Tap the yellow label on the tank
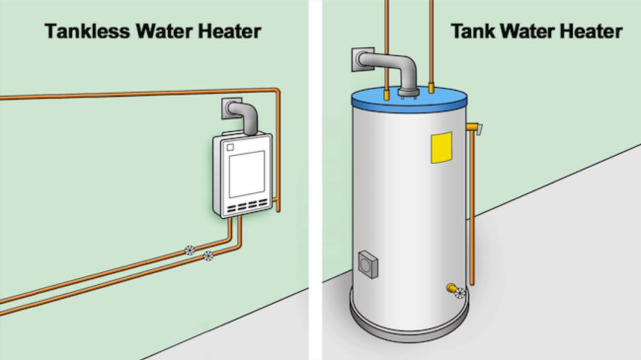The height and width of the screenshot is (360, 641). pos(441,147)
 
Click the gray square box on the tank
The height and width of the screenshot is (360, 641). pos(367,263)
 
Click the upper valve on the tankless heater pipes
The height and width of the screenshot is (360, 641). pos(189,250)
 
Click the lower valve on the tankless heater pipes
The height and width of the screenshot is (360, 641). pos(208,256)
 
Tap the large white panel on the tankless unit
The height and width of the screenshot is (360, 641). pos(247,174)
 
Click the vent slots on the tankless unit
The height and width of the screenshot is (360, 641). pos(247,208)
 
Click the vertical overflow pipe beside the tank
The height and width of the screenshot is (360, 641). pos(472,208)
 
